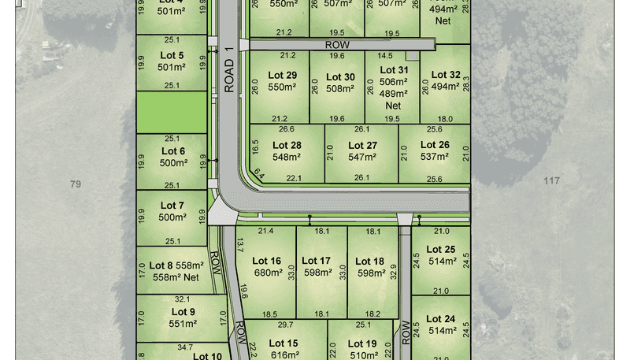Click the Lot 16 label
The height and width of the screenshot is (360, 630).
coord(266,261)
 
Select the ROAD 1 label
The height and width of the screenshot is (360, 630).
coord(229,71)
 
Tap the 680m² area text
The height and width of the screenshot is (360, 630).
coord(266,273)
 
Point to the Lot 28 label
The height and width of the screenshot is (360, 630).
coord(287,145)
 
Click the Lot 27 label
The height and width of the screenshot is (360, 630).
coord(361,145)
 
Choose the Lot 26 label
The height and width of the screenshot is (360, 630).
coord(434,144)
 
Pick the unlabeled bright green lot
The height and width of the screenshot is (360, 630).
coord(172,113)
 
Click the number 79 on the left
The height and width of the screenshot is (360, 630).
coord(76,184)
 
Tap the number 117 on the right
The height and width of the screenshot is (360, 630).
coord(551,181)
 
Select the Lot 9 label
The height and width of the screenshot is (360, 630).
coord(183,312)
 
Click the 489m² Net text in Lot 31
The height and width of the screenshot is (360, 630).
coord(393,99)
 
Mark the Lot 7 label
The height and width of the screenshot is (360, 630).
coord(172,206)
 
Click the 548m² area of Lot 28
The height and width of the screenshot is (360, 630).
coord(287,157)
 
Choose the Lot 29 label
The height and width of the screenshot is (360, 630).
coord(282,75)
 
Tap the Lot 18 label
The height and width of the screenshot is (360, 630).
coord(369,261)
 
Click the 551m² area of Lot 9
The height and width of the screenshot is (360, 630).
coord(183,324)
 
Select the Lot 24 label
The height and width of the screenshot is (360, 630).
coord(440,319)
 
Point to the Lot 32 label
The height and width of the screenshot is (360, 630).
coord(446,75)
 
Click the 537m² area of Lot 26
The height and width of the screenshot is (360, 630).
coord(434,156)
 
